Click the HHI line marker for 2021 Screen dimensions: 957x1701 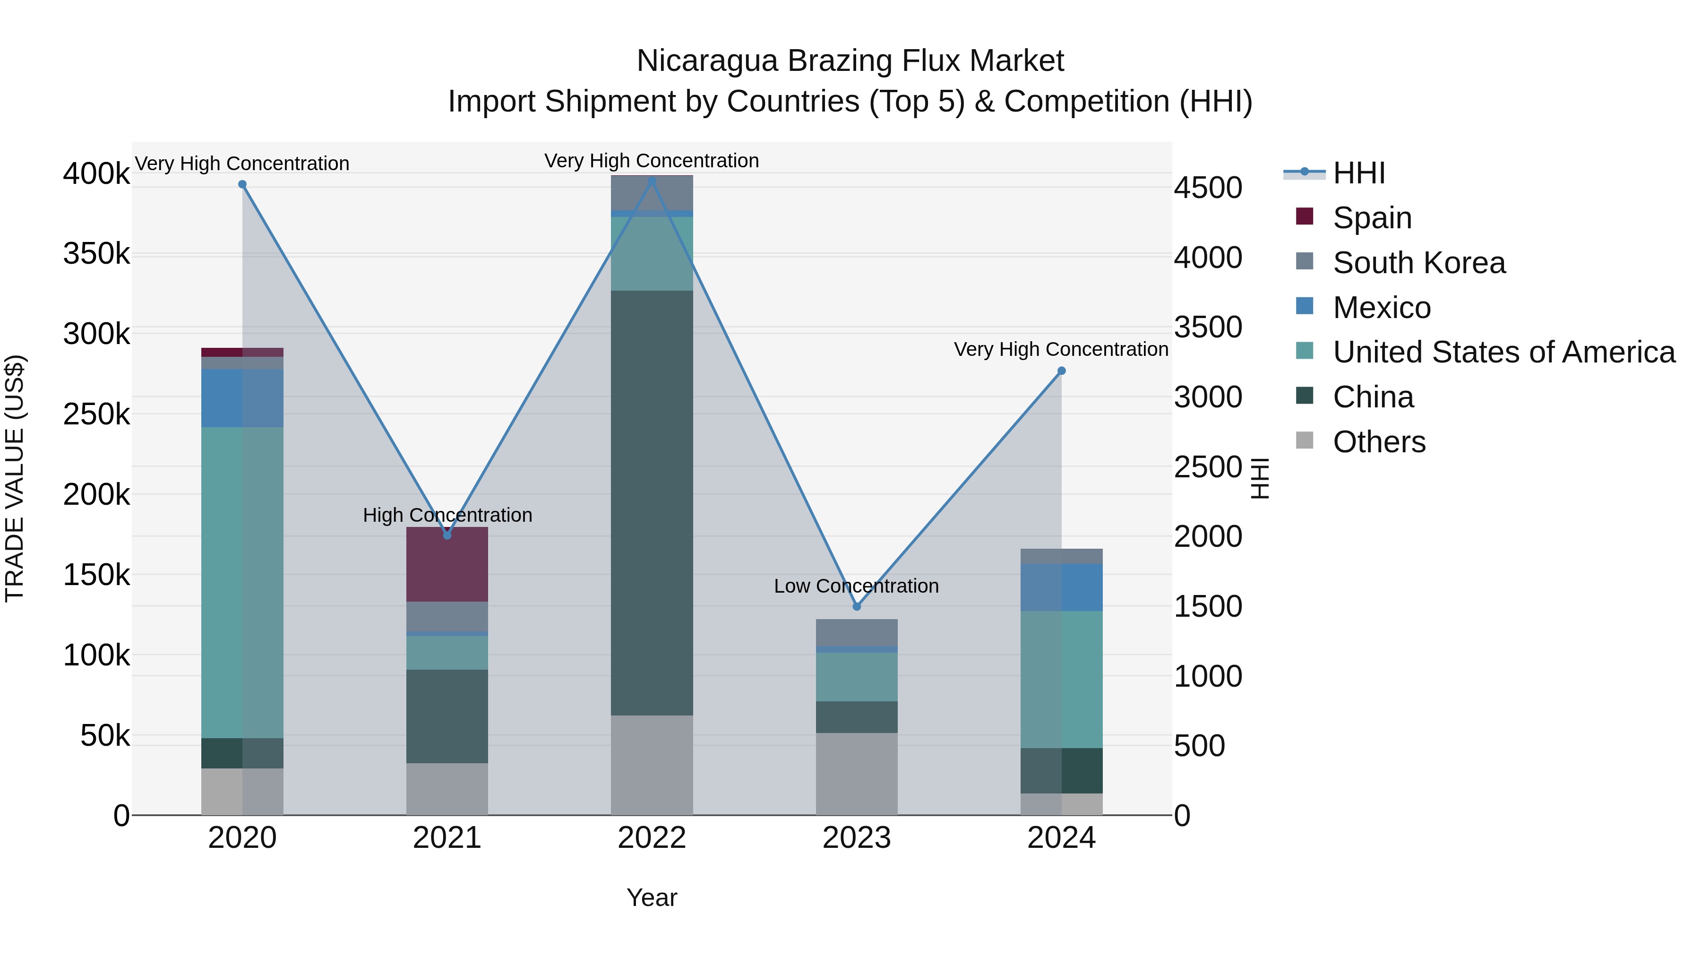(447, 535)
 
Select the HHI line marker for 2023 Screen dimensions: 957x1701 (857, 606)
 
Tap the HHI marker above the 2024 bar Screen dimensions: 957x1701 (1061, 371)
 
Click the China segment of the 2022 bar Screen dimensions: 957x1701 (652, 502)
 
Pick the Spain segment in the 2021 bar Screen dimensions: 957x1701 (447, 565)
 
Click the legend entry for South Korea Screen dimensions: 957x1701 (1418, 263)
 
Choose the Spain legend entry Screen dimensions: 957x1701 (1372, 218)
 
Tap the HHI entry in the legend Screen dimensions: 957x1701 (1358, 173)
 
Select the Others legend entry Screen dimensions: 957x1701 (1379, 442)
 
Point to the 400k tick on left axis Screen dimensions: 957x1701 (96, 174)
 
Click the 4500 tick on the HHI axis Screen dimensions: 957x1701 (1208, 188)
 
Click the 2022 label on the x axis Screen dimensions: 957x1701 (652, 838)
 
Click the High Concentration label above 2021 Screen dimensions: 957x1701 (447, 515)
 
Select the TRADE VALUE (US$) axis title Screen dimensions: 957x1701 (15, 478)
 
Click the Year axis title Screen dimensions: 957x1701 (652, 897)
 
